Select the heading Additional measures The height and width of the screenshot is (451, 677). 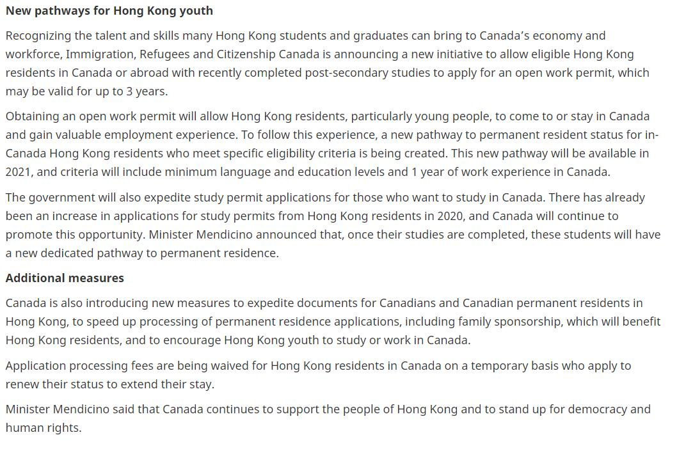coord(65,278)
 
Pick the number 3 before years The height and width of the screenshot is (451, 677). coord(129,91)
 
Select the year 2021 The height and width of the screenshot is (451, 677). coord(19,171)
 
